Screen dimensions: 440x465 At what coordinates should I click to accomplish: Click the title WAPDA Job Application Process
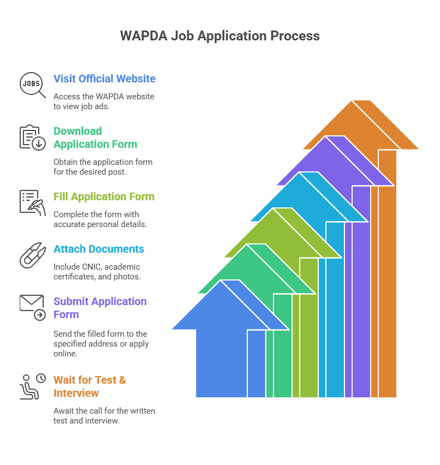220,36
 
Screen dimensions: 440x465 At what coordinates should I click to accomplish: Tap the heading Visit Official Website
104,79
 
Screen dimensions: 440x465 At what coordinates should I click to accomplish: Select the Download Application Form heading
95,138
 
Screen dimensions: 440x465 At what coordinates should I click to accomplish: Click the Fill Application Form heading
104,196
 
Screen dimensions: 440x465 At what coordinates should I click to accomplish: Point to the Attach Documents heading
98,249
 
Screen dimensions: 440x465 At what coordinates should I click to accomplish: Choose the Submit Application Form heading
100,308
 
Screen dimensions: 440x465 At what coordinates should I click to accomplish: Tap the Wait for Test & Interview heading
90,386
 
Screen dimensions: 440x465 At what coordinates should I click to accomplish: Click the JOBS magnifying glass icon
32,85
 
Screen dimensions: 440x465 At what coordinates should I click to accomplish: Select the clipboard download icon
32,138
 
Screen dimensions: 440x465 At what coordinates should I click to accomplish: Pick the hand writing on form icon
32,203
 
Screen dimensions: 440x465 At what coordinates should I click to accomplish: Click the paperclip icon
32,255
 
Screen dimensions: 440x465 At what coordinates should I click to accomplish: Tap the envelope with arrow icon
32,308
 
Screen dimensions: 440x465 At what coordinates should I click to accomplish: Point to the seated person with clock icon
32,386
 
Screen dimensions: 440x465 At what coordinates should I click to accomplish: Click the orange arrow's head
361,128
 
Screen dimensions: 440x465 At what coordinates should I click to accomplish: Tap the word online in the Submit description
66,354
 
